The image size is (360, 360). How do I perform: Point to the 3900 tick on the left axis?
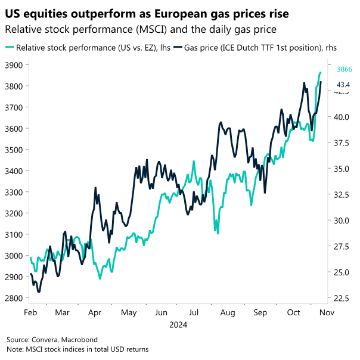click(x=13, y=65)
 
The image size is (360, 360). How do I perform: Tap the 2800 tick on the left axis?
click(x=13, y=298)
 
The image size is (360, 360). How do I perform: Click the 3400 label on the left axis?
click(x=13, y=171)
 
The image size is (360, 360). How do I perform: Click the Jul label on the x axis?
click(x=193, y=312)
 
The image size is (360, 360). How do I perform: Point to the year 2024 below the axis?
click(x=178, y=325)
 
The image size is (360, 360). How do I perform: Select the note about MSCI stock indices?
click(x=77, y=349)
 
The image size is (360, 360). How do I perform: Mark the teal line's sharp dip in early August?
click(x=218, y=233)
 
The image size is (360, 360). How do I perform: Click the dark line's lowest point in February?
click(x=39, y=291)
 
